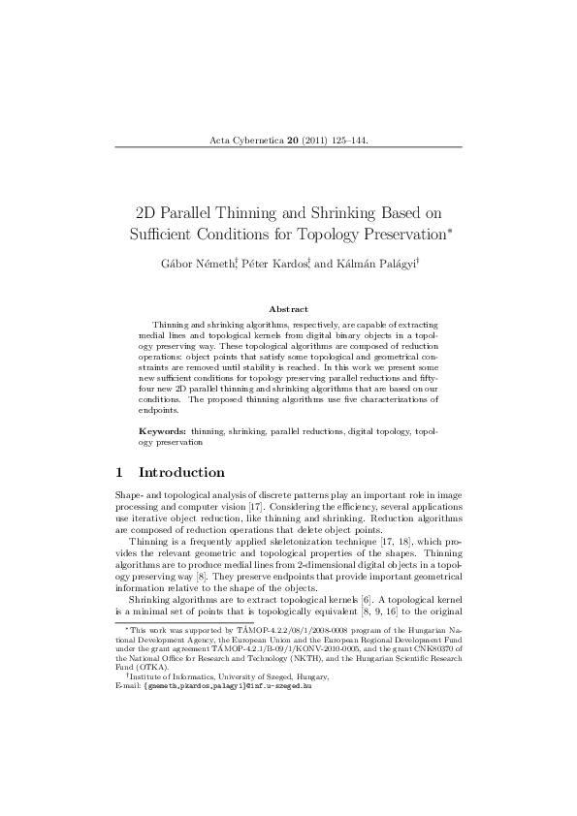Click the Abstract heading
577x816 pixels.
[288, 308]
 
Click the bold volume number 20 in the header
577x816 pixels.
[292, 141]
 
